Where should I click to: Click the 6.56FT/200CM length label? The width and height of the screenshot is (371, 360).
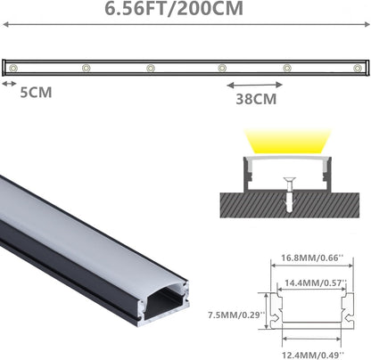coord(174,8)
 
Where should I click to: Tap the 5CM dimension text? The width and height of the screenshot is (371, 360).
coord(36,93)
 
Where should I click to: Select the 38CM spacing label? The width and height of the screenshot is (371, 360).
coord(256,99)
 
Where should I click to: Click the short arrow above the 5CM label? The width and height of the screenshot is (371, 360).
coord(9,84)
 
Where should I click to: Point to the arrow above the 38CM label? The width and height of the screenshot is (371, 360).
coord(254,86)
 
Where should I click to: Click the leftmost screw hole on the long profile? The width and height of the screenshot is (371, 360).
coord(12,68)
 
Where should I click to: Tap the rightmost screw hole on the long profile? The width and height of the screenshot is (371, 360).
coord(358,68)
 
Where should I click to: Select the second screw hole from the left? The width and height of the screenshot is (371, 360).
coord(87,68)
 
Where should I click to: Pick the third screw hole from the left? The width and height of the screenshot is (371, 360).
coord(151,68)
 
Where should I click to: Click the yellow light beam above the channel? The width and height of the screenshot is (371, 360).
coord(288,141)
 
